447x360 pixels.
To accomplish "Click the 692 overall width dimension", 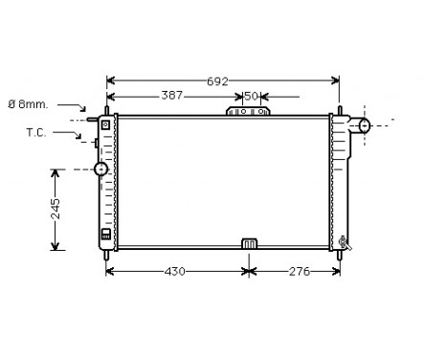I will point(218,81).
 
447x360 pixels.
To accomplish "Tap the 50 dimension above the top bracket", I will point(252,97).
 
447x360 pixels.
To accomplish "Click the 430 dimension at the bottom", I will point(173,272).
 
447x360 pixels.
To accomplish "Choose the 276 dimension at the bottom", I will point(300,272).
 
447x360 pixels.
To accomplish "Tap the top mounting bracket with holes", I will point(248,111).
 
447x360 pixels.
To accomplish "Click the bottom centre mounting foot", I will point(250,243).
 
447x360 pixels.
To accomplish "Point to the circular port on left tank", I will point(102,169).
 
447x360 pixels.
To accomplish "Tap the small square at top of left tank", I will point(104,123).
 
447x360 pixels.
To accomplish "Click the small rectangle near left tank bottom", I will point(104,233).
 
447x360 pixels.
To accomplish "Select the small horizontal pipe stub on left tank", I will point(93,121).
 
